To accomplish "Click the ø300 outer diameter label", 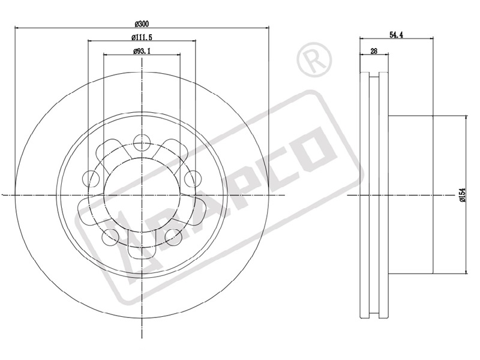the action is [x=142, y=23].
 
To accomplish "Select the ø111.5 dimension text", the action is [x=142, y=37].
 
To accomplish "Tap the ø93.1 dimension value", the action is [x=142, y=51].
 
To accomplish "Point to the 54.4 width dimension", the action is [x=396, y=35].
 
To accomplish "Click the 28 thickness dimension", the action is [x=374, y=51].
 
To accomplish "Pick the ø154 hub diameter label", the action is [x=462, y=194].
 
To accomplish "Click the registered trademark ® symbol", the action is [x=314, y=59].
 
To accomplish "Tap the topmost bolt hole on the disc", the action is [x=142, y=142].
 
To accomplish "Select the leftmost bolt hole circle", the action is [x=91, y=178].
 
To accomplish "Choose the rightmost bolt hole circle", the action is [x=193, y=178].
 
